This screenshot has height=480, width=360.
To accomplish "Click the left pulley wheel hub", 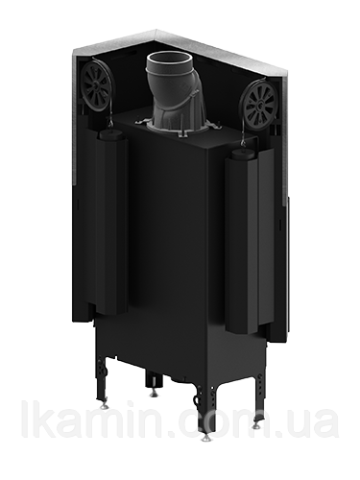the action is click(x=96, y=85).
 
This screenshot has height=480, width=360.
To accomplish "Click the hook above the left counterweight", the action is click(x=110, y=123).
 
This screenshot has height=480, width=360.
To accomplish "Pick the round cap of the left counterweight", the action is click(x=109, y=134).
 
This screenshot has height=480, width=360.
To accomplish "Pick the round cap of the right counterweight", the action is click(x=244, y=155).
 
